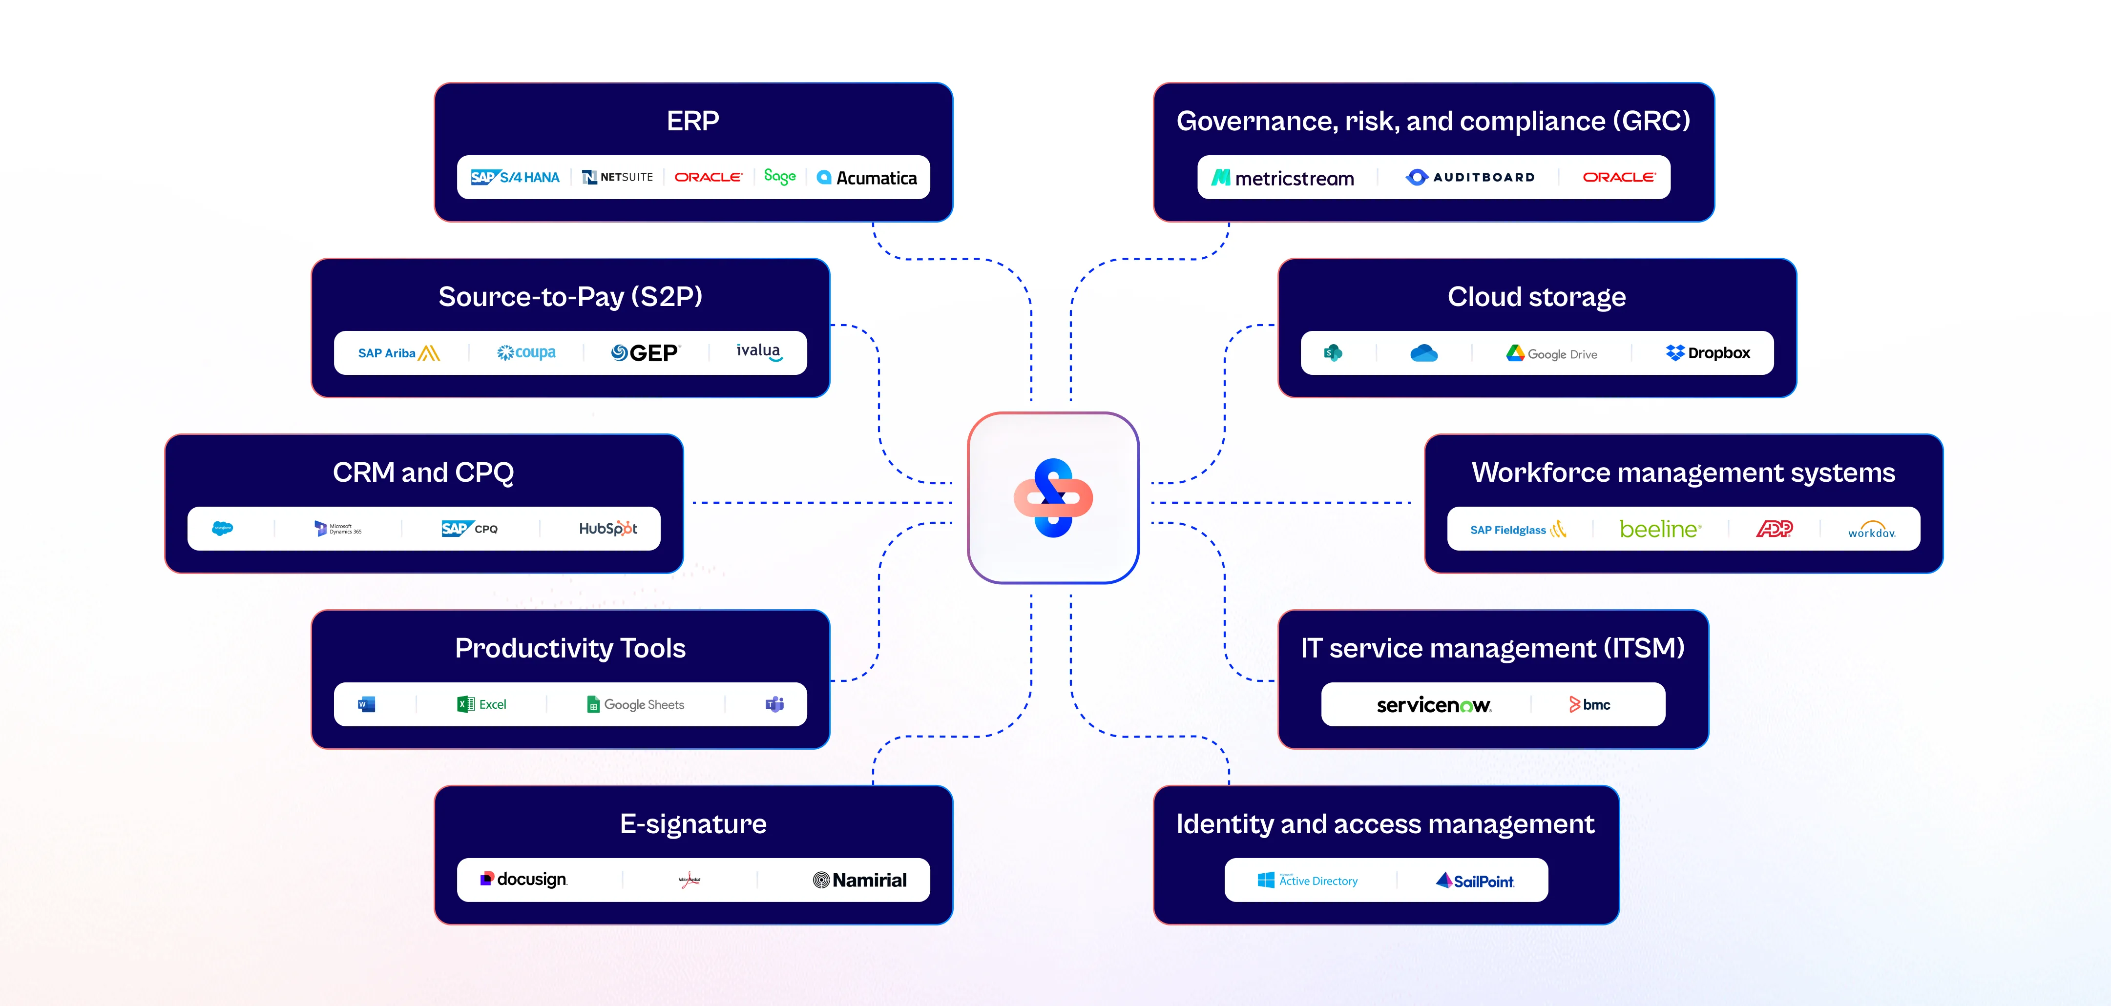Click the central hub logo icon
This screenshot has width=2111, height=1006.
(x=1053, y=498)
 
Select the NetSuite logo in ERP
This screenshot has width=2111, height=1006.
(x=617, y=177)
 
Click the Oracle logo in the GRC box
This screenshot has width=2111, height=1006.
(x=1618, y=177)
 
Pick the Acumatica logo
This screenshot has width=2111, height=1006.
(x=867, y=178)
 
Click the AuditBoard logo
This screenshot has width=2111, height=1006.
(x=1470, y=177)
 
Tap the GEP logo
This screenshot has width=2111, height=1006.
(x=645, y=353)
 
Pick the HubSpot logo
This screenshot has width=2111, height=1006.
(x=608, y=529)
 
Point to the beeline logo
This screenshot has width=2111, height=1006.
(x=1660, y=529)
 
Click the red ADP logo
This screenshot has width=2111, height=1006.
(x=1774, y=529)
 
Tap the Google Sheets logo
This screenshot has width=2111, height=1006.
(x=635, y=704)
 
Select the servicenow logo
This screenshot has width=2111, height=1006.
(x=1433, y=704)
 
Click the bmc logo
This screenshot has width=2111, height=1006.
(x=1590, y=704)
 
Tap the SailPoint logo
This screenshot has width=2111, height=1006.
(x=1475, y=881)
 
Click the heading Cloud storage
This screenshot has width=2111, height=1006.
(x=1537, y=297)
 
